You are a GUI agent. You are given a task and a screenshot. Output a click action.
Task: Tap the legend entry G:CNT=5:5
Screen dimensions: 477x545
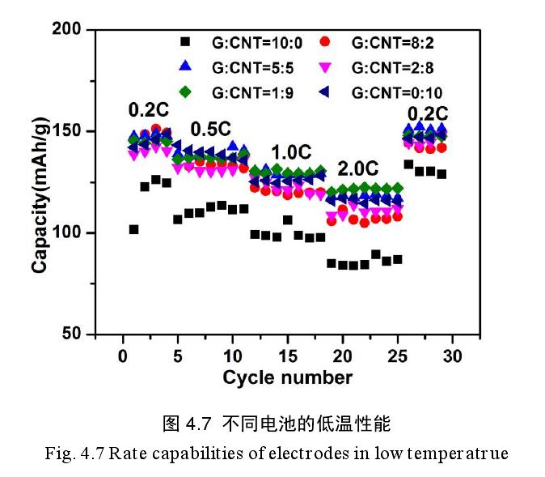pos(234,67)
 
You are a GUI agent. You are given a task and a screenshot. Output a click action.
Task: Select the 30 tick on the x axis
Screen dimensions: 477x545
pos(454,355)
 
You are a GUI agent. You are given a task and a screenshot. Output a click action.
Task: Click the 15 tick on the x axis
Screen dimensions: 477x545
pos(288,355)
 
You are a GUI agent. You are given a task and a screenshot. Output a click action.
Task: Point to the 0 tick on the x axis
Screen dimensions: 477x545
pos(123,355)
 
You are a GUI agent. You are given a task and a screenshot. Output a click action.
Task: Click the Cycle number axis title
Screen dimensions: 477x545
pos(288,377)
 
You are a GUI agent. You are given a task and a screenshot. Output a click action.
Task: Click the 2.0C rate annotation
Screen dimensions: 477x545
pos(358,169)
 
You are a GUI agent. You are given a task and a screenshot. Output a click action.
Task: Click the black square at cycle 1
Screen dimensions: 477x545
pos(133,229)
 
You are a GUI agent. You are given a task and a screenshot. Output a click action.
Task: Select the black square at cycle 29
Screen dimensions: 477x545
pos(441,173)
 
